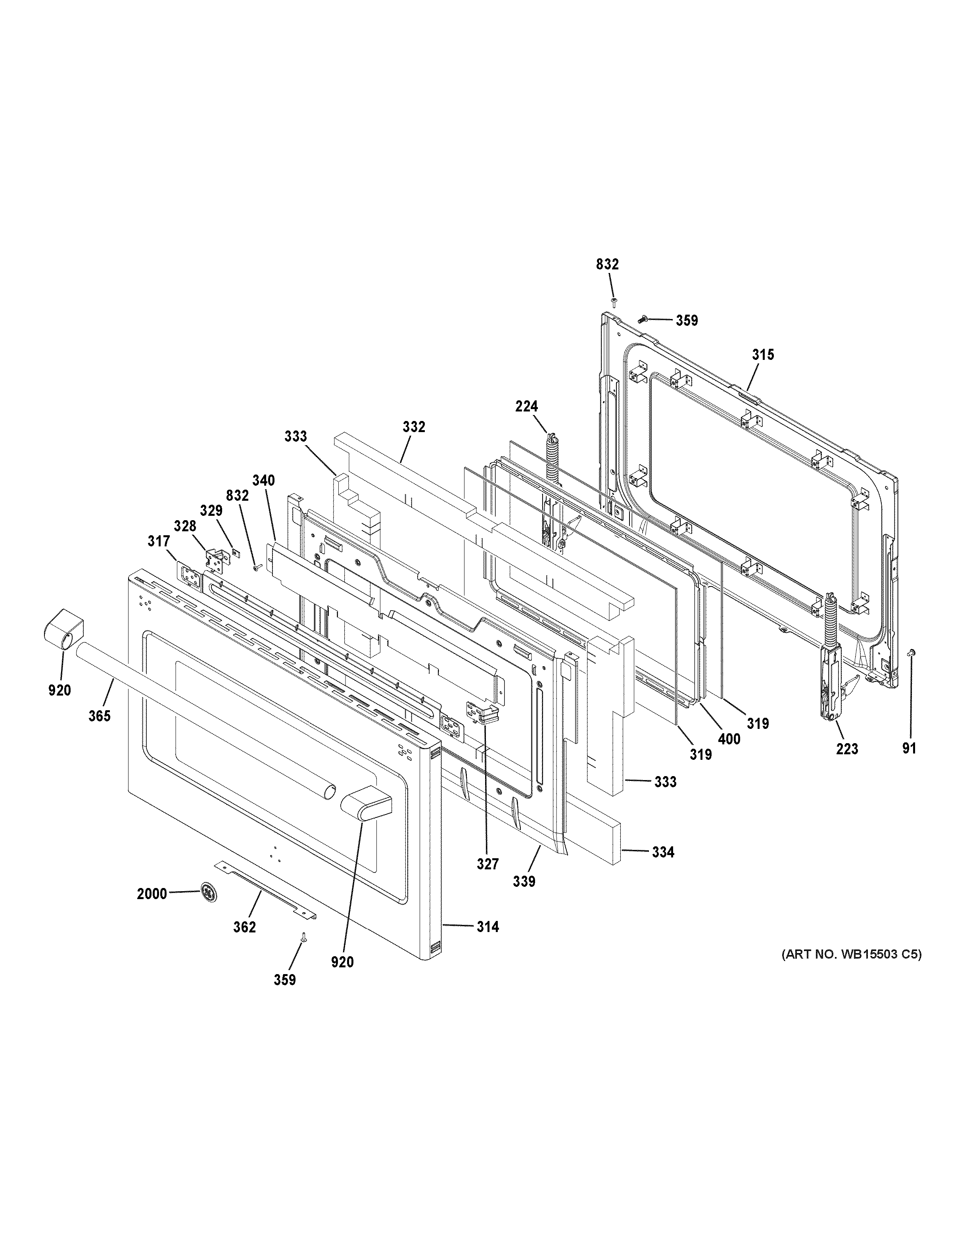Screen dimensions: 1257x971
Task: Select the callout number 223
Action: pyautogui.click(x=847, y=749)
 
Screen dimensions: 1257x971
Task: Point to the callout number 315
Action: pyautogui.click(x=763, y=355)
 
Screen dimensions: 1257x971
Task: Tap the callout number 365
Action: pyautogui.click(x=100, y=715)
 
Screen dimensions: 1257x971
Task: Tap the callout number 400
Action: pyautogui.click(x=729, y=738)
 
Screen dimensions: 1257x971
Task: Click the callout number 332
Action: pyautogui.click(x=414, y=427)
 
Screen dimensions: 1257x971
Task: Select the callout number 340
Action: pyautogui.click(x=263, y=480)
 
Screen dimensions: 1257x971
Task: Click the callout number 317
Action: pyautogui.click(x=158, y=541)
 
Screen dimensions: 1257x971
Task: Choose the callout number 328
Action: pyautogui.click(x=185, y=526)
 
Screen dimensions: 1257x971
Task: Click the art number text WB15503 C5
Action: pyautogui.click(x=850, y=955)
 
